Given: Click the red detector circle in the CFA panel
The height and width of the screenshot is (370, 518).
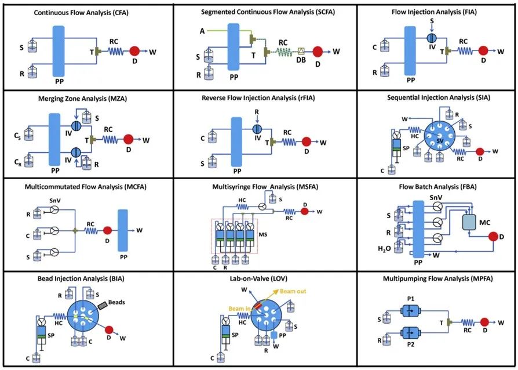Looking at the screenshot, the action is click(x=134, y=51).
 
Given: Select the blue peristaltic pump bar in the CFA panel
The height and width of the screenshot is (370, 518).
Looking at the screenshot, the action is click(x=59, y=51).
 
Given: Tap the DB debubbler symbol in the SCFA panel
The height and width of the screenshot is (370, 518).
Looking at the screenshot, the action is click(x=301, y=51).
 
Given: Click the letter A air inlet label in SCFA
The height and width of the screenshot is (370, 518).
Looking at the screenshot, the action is click(x=202, y=31).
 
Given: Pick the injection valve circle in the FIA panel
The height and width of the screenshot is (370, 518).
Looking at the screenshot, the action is click(x=432, y=38).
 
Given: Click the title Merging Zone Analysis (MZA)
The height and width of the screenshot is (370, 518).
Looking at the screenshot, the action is click(x=83, y=99).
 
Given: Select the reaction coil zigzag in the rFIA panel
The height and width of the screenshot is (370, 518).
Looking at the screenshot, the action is click(x=290, y=142).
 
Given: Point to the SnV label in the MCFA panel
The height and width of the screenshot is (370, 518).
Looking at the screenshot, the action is click(x=54, y=201).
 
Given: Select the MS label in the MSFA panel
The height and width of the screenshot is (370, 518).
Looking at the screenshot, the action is click(x=263, y=235).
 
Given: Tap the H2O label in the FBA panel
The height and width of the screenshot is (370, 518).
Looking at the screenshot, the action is click(x=385, y=248).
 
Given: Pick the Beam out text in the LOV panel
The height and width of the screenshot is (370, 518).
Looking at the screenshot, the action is click(x=293, y=291).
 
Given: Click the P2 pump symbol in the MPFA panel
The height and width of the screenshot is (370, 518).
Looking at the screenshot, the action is click(x=410, y=333).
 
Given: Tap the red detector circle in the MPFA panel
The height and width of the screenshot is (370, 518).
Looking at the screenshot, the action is click(x=484, y=322).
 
